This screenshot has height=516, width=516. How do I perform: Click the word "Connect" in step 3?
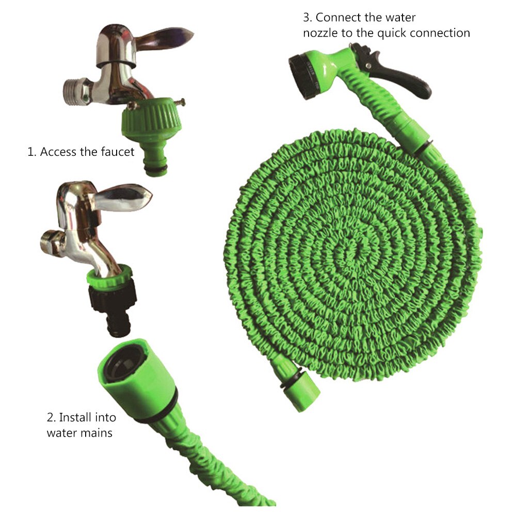coord(335,17)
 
